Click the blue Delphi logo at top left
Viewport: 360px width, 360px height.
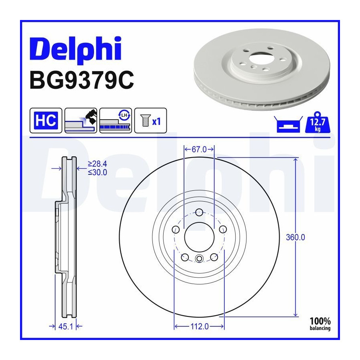point(75,49)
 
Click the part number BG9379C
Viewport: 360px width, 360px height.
point(82,80)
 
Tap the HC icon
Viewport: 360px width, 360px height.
point(46,120)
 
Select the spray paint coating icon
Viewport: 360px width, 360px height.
point(81,120)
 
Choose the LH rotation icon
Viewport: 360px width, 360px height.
point(116,120)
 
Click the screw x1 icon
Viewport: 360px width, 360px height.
point(151,120)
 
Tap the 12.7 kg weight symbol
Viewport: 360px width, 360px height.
point(318,123)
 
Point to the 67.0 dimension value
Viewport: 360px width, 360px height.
point(199,150)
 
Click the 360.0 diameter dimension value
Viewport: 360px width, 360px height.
point(296,237)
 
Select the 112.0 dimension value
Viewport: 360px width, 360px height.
point(200,326)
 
